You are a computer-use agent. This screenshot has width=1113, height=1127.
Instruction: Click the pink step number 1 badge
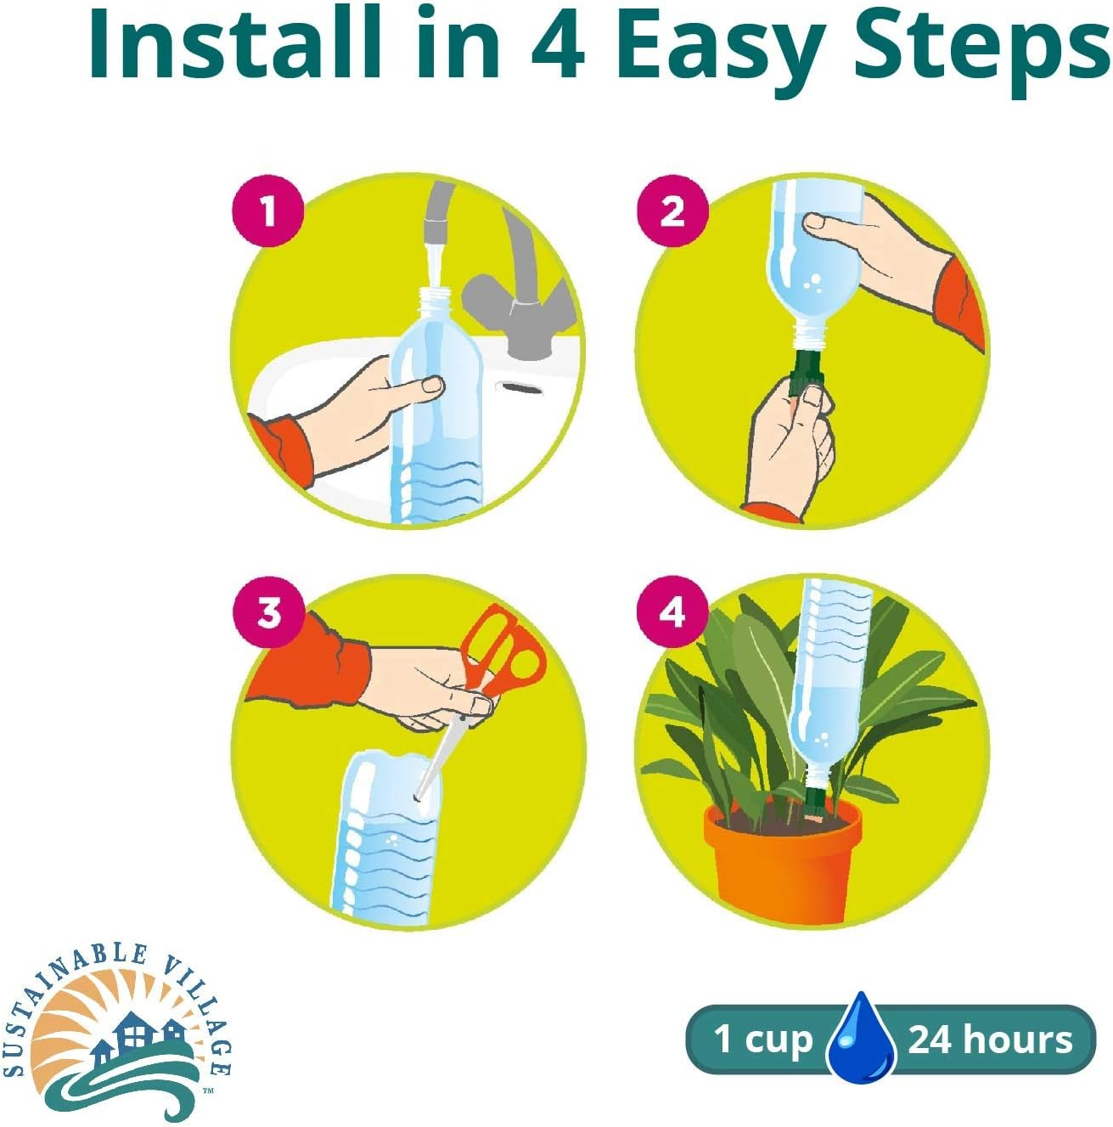tap(268, 211)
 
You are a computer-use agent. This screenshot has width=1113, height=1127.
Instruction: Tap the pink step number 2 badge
tap(672, 211)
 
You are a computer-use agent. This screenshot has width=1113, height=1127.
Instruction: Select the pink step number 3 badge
tap(268, 613)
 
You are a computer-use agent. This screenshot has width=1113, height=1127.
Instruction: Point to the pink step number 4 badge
tap(672, 613)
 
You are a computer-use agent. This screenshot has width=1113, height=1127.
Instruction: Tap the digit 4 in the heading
tap(558, 47)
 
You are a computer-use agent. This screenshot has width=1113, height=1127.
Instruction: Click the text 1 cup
tap(763, 1040)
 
